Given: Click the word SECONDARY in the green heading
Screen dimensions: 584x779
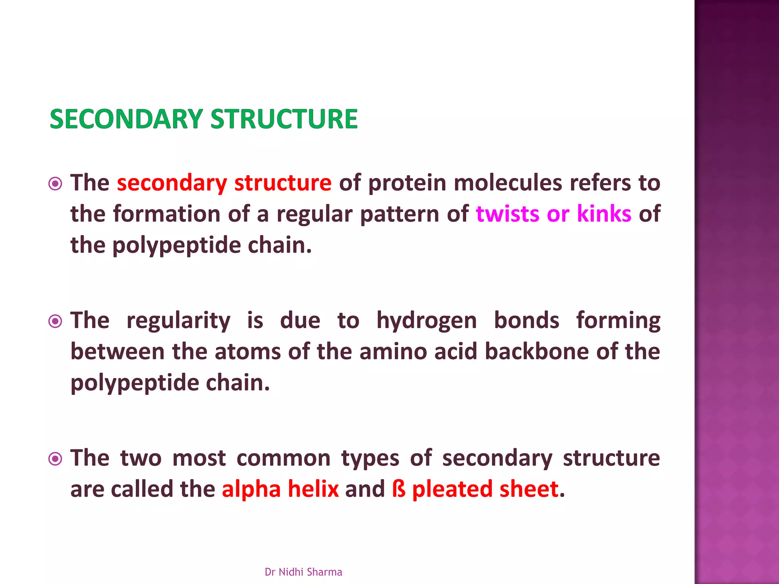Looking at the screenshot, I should pyautogui.click(x=126, y=119).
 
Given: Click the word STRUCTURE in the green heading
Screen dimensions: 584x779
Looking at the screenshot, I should pyautogui.click(x=284, y=119).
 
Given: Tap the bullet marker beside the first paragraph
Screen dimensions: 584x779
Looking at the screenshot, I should pyautogui.click(x=56, y=184).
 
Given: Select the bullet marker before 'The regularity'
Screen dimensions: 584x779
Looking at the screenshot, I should pyautogui.click(x=56, y=322).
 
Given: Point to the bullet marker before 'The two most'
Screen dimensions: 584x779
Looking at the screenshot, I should pyautogui.click(x=56, y=459).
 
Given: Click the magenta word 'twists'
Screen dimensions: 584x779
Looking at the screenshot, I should pyautogui.click(x=507, y=214).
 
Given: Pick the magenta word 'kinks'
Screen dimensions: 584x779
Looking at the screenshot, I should pyautogui.click(x=604, y=214).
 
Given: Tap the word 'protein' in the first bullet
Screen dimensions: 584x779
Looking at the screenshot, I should pyautogui.click(x=407, y=183).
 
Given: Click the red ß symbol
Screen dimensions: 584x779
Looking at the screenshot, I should pyautogui.click(x=399, y=489).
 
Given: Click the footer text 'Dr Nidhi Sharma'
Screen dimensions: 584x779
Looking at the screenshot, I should pyautogui.click(x=303, y=572).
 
